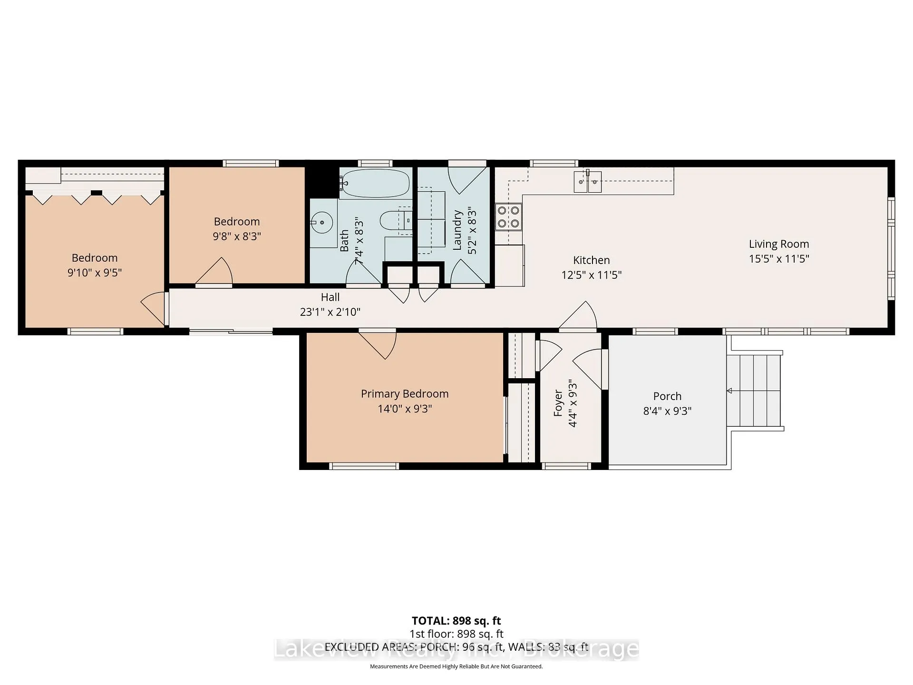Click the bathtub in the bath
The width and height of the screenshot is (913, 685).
(375, 183)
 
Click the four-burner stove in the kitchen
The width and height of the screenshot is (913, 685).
(508, 216)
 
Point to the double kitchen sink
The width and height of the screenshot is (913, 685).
(588, 181)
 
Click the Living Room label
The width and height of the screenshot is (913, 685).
(779, 244)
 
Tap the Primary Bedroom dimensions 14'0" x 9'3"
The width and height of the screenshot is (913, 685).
(405, 409)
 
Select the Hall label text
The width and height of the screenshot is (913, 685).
(330, 297)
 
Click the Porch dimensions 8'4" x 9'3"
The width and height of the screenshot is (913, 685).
(667, 411)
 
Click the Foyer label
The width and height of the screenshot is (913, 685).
(558, 403)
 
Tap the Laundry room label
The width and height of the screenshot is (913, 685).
(457, 230)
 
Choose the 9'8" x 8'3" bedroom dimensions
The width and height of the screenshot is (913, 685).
(237, 236)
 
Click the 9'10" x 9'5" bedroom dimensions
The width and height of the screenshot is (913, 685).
(95, 273)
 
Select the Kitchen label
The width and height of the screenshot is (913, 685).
(591, 260)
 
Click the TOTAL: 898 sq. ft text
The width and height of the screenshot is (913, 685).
(456, 621)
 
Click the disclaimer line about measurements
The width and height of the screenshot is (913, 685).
(456, 666)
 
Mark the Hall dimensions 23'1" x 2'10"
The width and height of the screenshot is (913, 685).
(330, 312)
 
